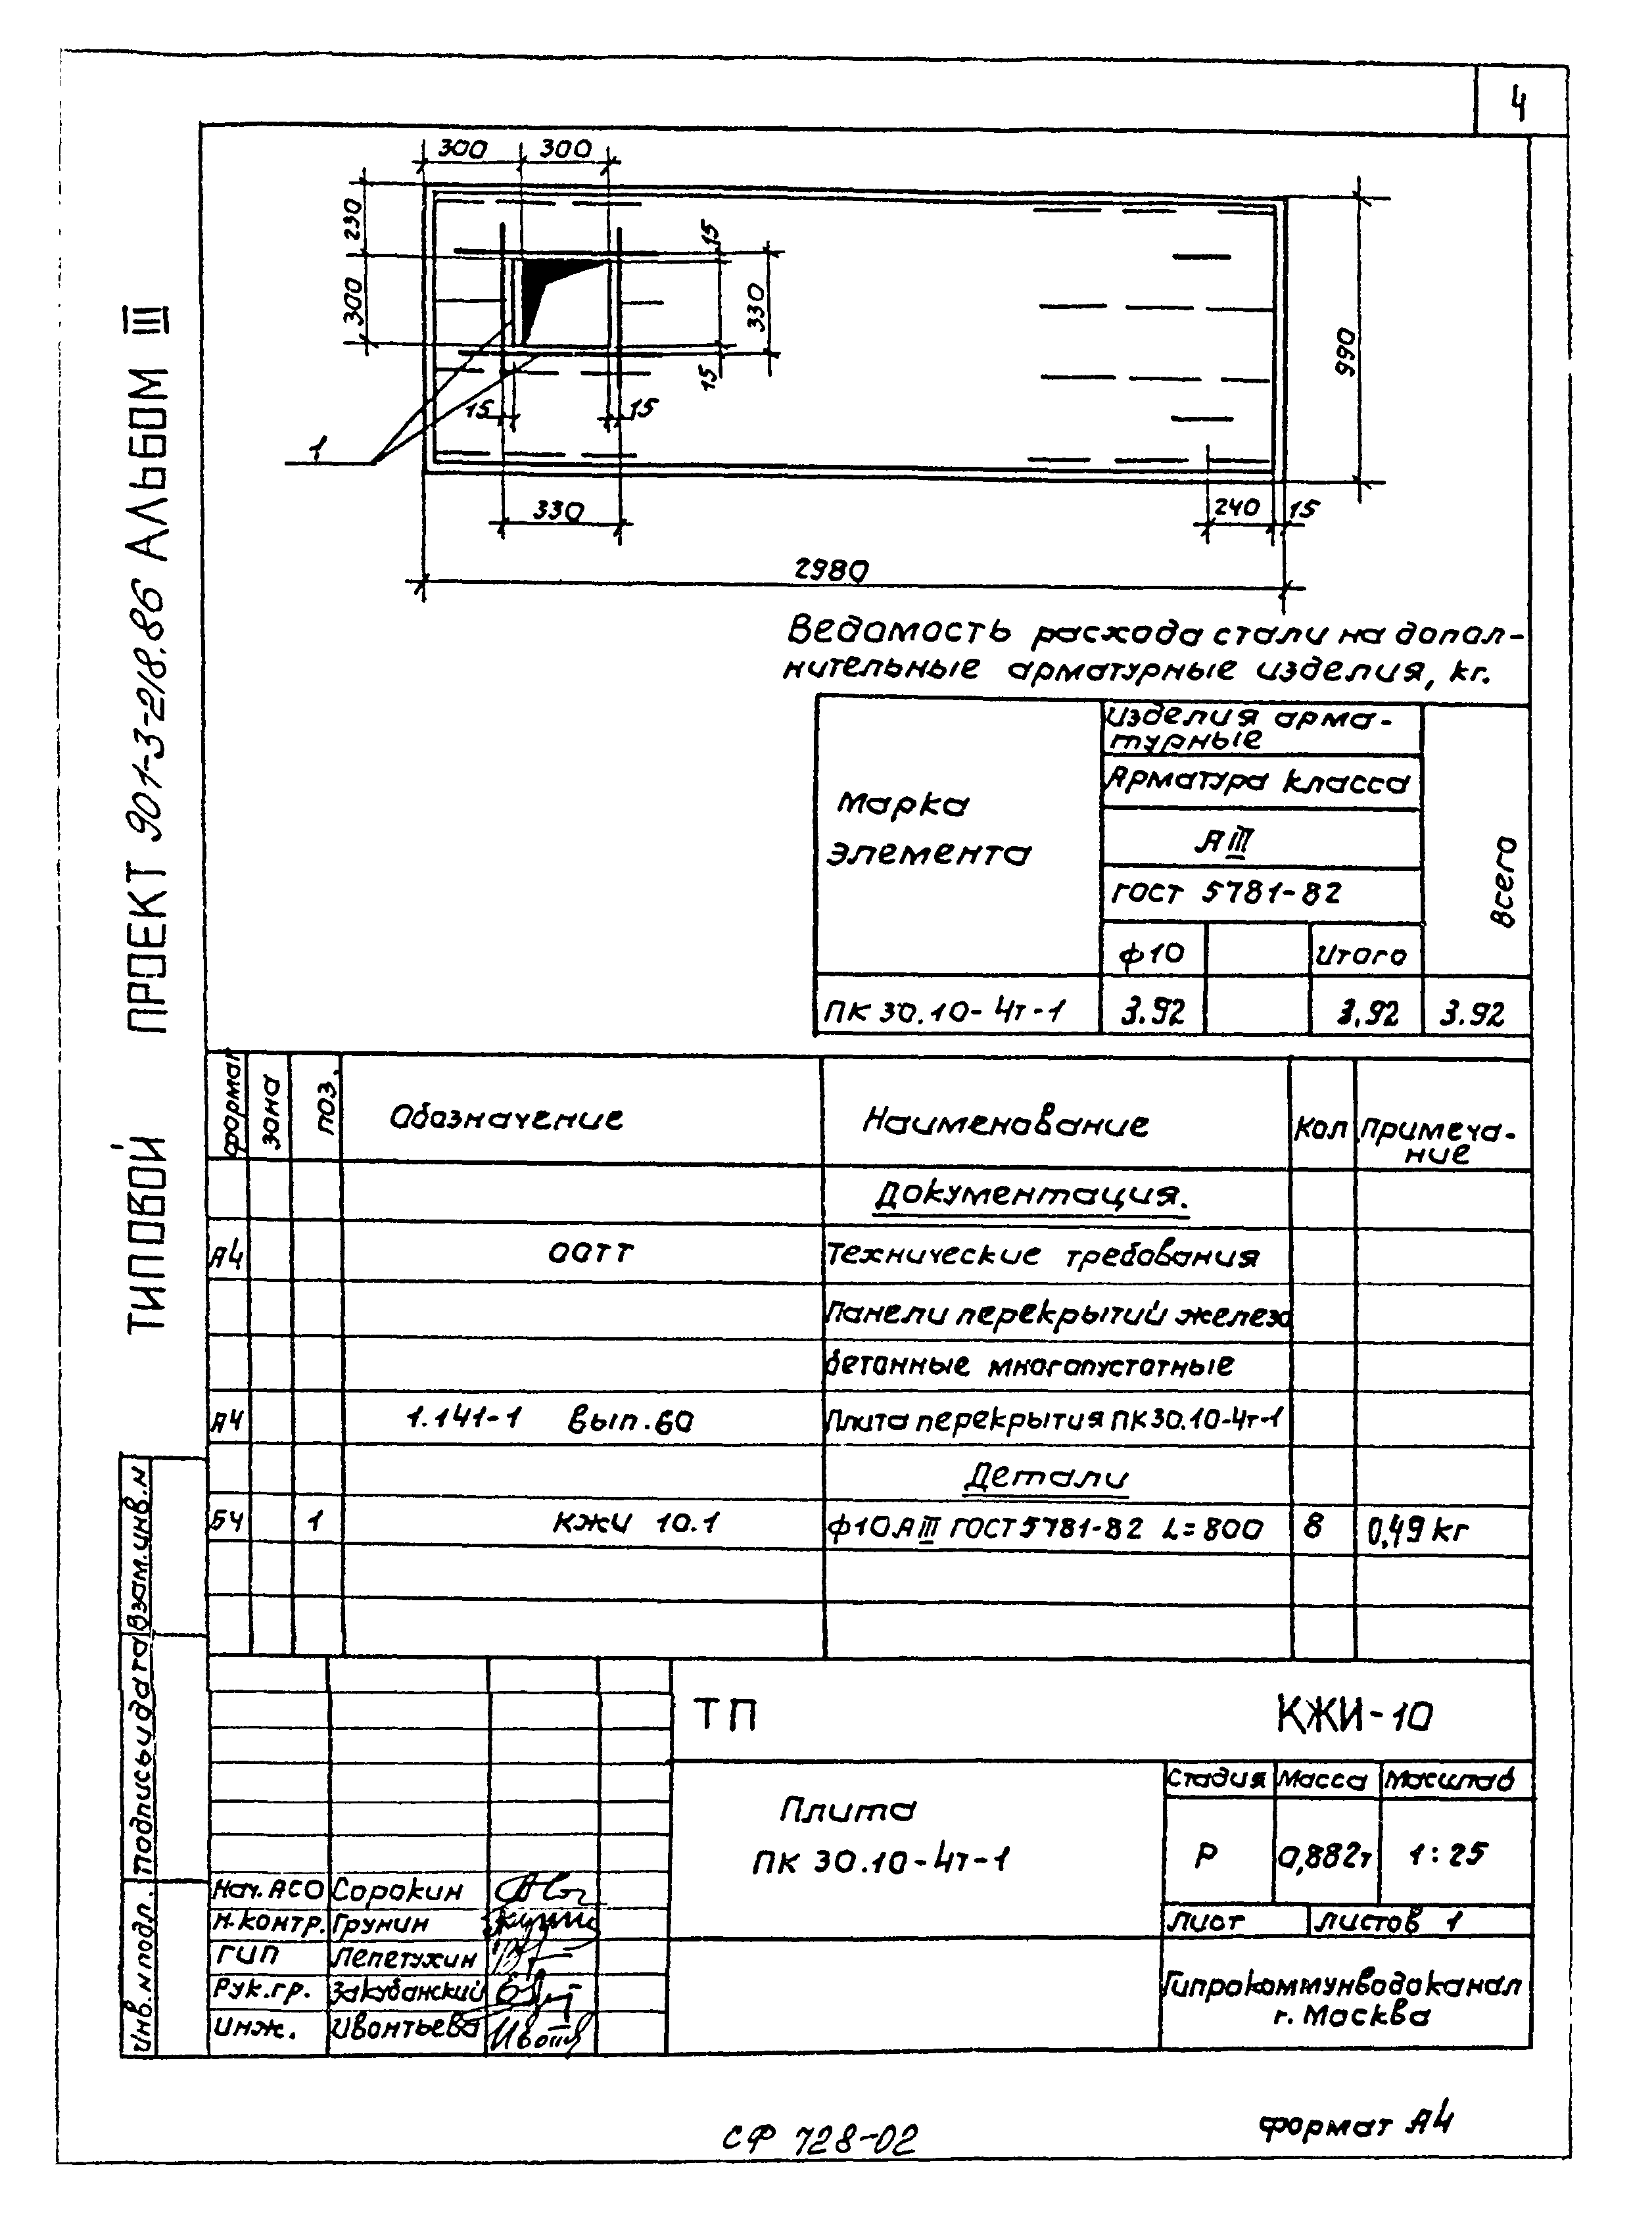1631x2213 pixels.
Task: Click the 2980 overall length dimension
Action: tap(832, 570)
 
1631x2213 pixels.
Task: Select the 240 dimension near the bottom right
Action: tap(1236, 508)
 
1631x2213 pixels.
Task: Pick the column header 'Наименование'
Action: tap(1005, 1123)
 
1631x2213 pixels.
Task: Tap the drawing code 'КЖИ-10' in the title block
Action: tap(1354, 1717)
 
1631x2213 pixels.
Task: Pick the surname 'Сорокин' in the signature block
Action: tap(397, 1890)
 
